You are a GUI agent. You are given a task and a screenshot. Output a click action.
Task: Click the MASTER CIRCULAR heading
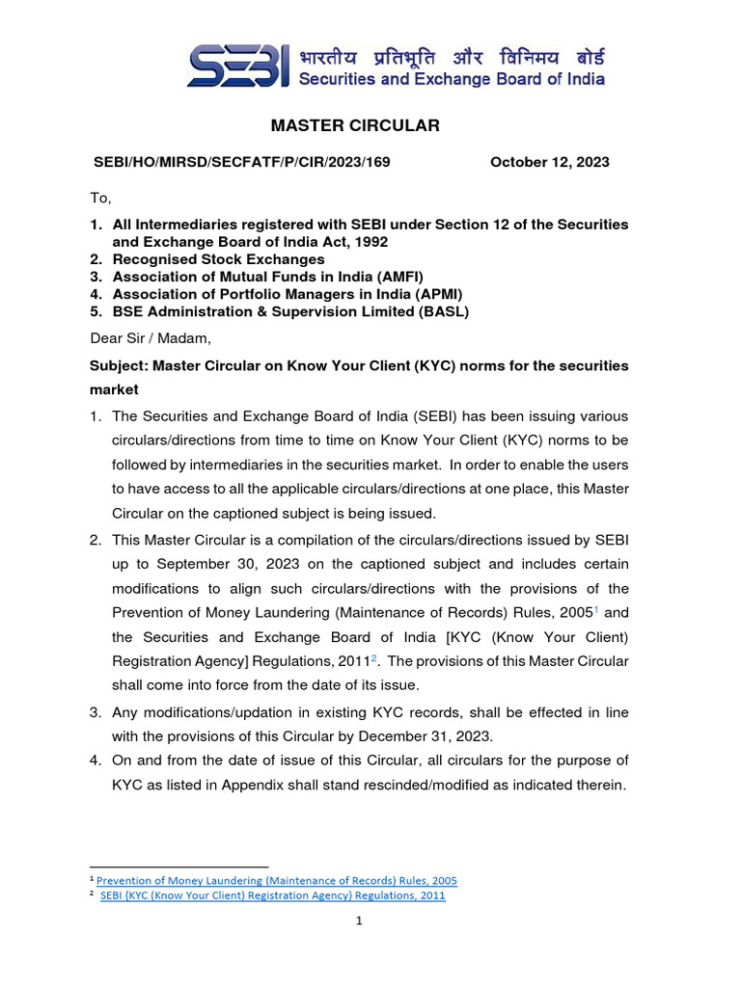355,125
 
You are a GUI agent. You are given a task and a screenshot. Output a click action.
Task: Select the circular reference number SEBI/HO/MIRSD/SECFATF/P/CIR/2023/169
241,162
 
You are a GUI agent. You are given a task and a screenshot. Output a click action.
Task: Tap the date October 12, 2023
549,162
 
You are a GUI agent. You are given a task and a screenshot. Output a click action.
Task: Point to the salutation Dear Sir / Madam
150,337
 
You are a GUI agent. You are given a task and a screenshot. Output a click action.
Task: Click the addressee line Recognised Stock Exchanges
219,259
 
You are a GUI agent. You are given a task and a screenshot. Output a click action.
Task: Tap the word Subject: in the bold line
119,365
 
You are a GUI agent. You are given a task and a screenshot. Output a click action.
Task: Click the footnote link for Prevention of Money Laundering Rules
277,880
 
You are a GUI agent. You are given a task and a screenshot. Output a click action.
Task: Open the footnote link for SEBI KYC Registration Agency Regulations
273,895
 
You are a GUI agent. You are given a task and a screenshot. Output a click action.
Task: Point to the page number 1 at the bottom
358,921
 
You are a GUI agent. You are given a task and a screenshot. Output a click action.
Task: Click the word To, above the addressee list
101,198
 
